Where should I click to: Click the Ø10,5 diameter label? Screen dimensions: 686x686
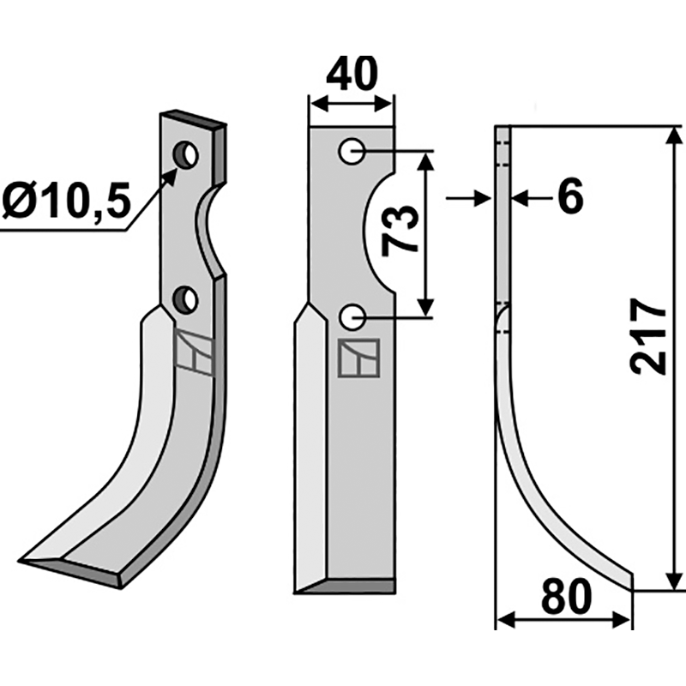(x=66, y=203)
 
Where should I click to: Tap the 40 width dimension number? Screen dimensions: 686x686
(x=352, y=75)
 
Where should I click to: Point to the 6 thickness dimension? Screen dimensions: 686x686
(x=569, y=198)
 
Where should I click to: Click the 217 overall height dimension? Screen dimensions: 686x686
(x=649, y=336)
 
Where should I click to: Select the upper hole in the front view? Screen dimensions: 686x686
(x=350, y=152)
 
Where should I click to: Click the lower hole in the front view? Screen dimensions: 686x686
(x=350, y=318)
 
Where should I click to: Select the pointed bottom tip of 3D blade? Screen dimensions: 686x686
(x=31, y=562)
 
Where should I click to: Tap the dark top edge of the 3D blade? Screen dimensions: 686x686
(x=194, y=117)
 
